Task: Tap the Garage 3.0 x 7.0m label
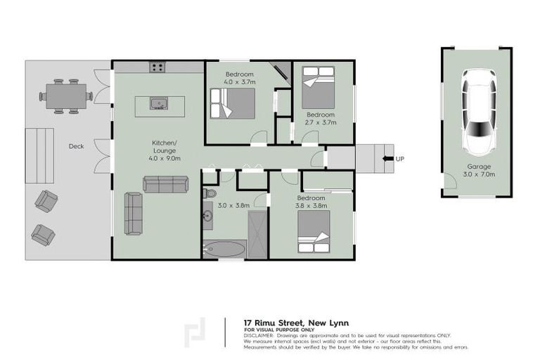click(x=479, y=171)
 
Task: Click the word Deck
click(x=76, y=146)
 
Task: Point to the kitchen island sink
click(x=160, y=104)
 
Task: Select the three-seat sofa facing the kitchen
click(x=165, y=184)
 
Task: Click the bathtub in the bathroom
click(x=224, y=248)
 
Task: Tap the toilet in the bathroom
click(x=210, y=192)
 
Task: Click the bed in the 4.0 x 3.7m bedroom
click(x=231, y=104)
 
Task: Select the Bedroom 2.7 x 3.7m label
click(x=320, y=118)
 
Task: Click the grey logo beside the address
click(x=195, y=334)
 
